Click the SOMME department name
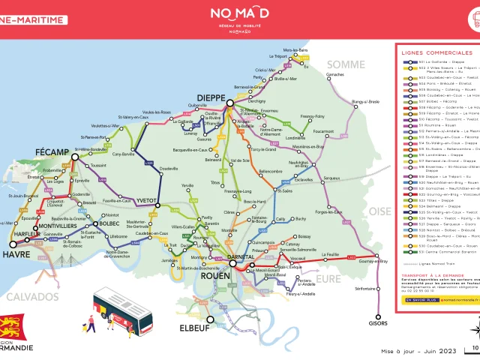pos(343,64)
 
